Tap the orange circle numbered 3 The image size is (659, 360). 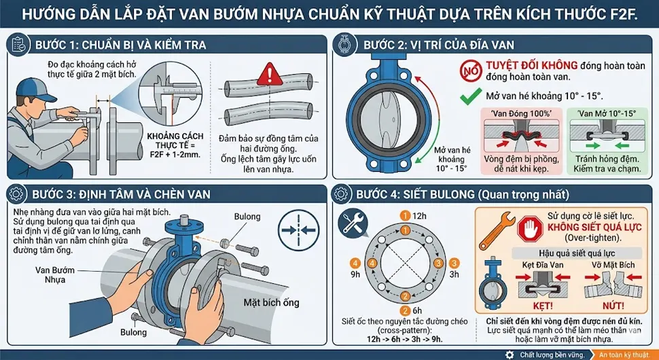coord(438,263)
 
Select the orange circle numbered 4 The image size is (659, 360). coord(354,263)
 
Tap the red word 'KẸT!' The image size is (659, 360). coord(535,306)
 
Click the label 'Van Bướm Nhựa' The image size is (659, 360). coord(55,274)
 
